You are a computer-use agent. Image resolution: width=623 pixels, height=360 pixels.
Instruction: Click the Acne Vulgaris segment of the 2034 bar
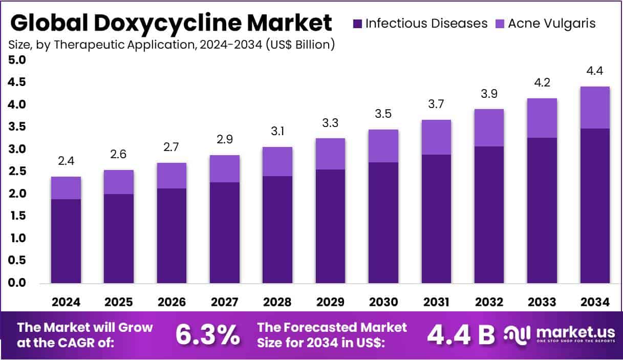click(595, 108)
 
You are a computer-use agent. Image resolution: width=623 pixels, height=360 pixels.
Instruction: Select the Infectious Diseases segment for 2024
click(66, 241)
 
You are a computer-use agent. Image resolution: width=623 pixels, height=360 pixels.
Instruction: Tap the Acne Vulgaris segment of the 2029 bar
click(330, 154)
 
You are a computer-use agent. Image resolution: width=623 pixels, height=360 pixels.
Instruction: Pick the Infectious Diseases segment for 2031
click(436, 219)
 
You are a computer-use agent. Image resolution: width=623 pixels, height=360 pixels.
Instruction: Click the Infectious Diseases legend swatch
click(358, 24)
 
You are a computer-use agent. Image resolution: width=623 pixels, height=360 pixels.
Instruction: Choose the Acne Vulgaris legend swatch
click(500, 24)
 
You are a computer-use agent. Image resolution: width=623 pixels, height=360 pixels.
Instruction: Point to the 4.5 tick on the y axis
click(17, 82)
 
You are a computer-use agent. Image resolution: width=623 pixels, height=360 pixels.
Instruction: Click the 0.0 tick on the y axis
click(17, 283)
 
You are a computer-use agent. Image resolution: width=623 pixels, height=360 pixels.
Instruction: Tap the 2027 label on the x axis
click(225, 302)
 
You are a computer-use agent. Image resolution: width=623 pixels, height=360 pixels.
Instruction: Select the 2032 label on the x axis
click(489, 302)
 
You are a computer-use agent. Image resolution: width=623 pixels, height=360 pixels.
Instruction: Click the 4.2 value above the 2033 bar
click(542, 82)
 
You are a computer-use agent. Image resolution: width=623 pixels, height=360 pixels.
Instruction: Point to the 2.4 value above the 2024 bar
click(66, 161)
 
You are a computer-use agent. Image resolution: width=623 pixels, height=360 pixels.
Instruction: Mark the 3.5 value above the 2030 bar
click(383, 114)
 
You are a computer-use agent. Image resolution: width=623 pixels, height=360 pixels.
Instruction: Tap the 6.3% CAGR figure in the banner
click(207, 335)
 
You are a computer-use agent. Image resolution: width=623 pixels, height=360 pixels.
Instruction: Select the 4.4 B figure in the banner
click(461, 335)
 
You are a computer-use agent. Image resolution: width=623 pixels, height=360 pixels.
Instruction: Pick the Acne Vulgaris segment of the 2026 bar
click(172, 176)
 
